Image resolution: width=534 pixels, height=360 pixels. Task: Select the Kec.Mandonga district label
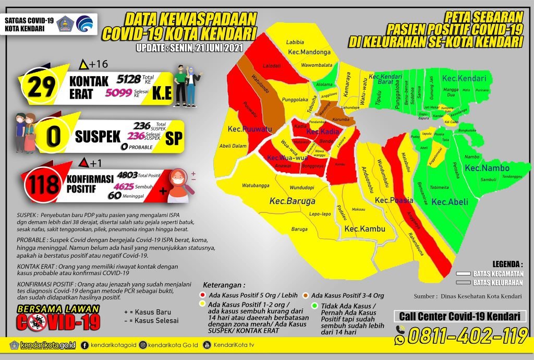tap(309, 53)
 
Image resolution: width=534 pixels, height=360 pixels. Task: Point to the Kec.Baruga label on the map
tap(292, 200)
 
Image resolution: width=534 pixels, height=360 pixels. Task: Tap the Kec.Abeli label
tap(450, 202)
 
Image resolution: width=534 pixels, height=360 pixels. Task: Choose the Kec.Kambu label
tap(365, 229)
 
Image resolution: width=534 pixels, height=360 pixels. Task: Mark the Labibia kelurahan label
tap(295, 42)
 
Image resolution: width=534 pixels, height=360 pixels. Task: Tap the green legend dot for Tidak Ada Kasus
tap(314, 306)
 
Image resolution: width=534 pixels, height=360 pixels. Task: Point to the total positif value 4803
tap(128, 176)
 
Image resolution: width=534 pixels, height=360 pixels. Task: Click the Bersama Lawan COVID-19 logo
tap(57, 317)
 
